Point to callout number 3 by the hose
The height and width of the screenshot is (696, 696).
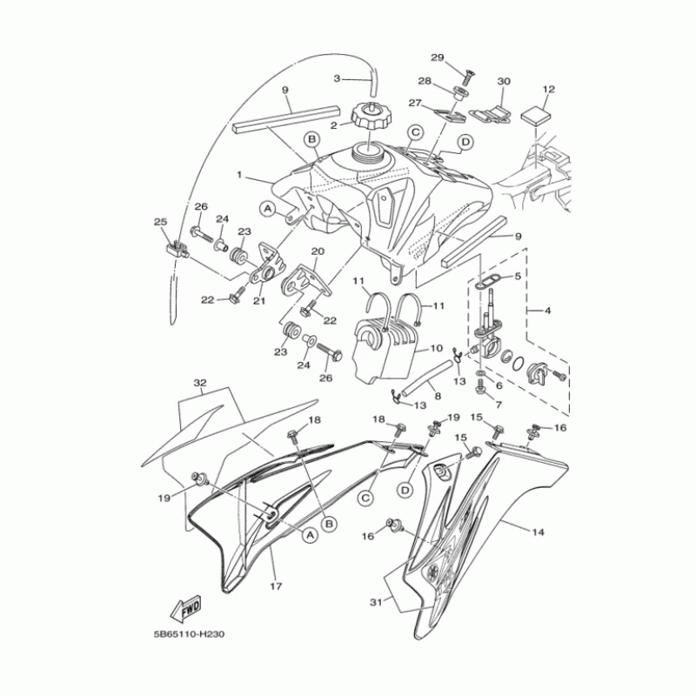[338, 78]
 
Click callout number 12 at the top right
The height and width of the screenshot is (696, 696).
[548, 90]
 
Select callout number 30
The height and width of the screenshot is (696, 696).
[503, 81]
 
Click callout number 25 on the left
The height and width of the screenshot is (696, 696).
[159, 223]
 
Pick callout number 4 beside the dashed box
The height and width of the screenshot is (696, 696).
[546, 309]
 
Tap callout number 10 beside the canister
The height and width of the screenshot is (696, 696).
[437, 349]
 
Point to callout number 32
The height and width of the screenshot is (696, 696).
[201, 382]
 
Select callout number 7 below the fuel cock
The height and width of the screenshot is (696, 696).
[499, 405]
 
